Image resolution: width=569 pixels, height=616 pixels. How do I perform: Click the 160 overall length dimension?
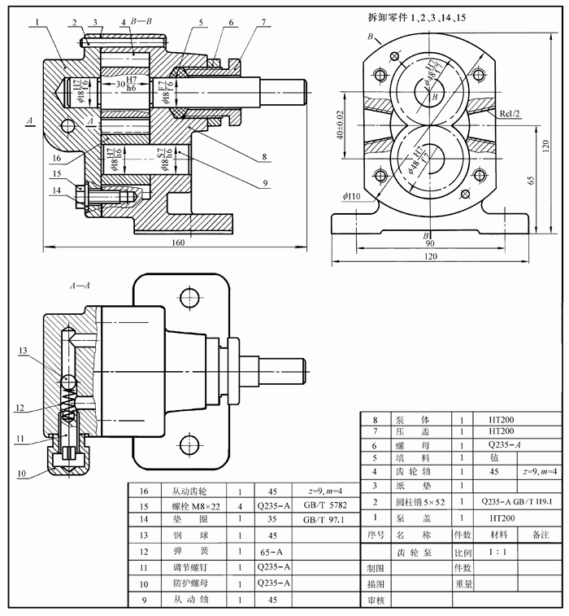click(x=177, y=242)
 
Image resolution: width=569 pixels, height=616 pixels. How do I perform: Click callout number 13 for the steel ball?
click(x=23, y=351)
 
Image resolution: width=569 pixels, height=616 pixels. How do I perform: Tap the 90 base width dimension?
click(x=430, y=243)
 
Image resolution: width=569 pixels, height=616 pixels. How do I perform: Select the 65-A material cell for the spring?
click(x=270, y=550)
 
